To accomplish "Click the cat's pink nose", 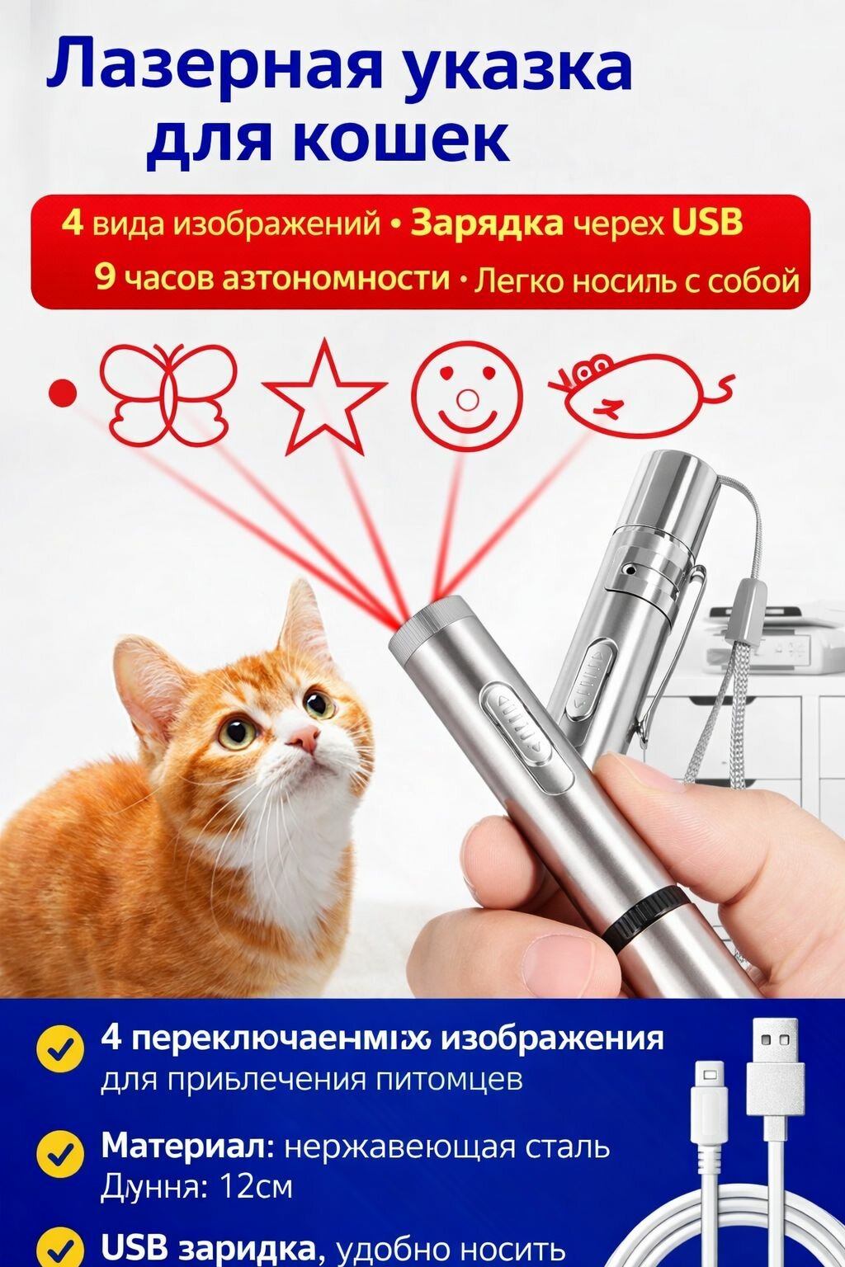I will click(304, 738).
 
